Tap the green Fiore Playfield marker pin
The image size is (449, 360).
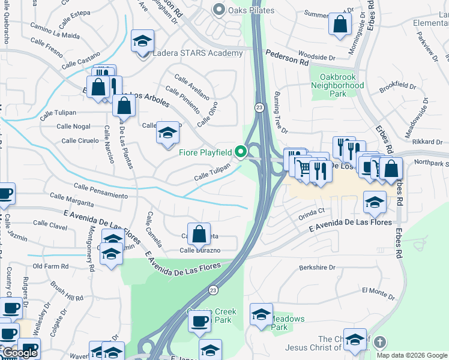[x=241, y=152]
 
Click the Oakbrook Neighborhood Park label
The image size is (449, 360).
[x=337, y=85]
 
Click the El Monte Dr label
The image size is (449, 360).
[x=378, y=291]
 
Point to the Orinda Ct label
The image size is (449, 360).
[x=312, y=211]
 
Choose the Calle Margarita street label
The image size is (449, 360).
[x=72, y=196]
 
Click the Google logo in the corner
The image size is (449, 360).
[x=19, y=353]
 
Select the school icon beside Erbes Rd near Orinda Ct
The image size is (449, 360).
[x=375, y=202]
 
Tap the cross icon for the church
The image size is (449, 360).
[x=379, y=343]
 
